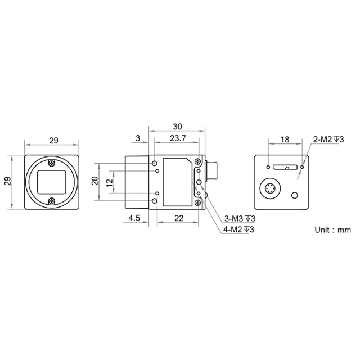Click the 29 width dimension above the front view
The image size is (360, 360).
coord(53,141)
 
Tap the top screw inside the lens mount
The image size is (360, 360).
coord(52,163)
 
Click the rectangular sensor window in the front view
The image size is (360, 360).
coord(52,181)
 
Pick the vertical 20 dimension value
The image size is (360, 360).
coord(95,181)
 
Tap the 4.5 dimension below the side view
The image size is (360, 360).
coord(134,218)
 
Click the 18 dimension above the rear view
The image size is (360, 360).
coord(285,139)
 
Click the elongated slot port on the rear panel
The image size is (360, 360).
coord(285,167)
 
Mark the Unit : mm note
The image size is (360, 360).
coord(332,229)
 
